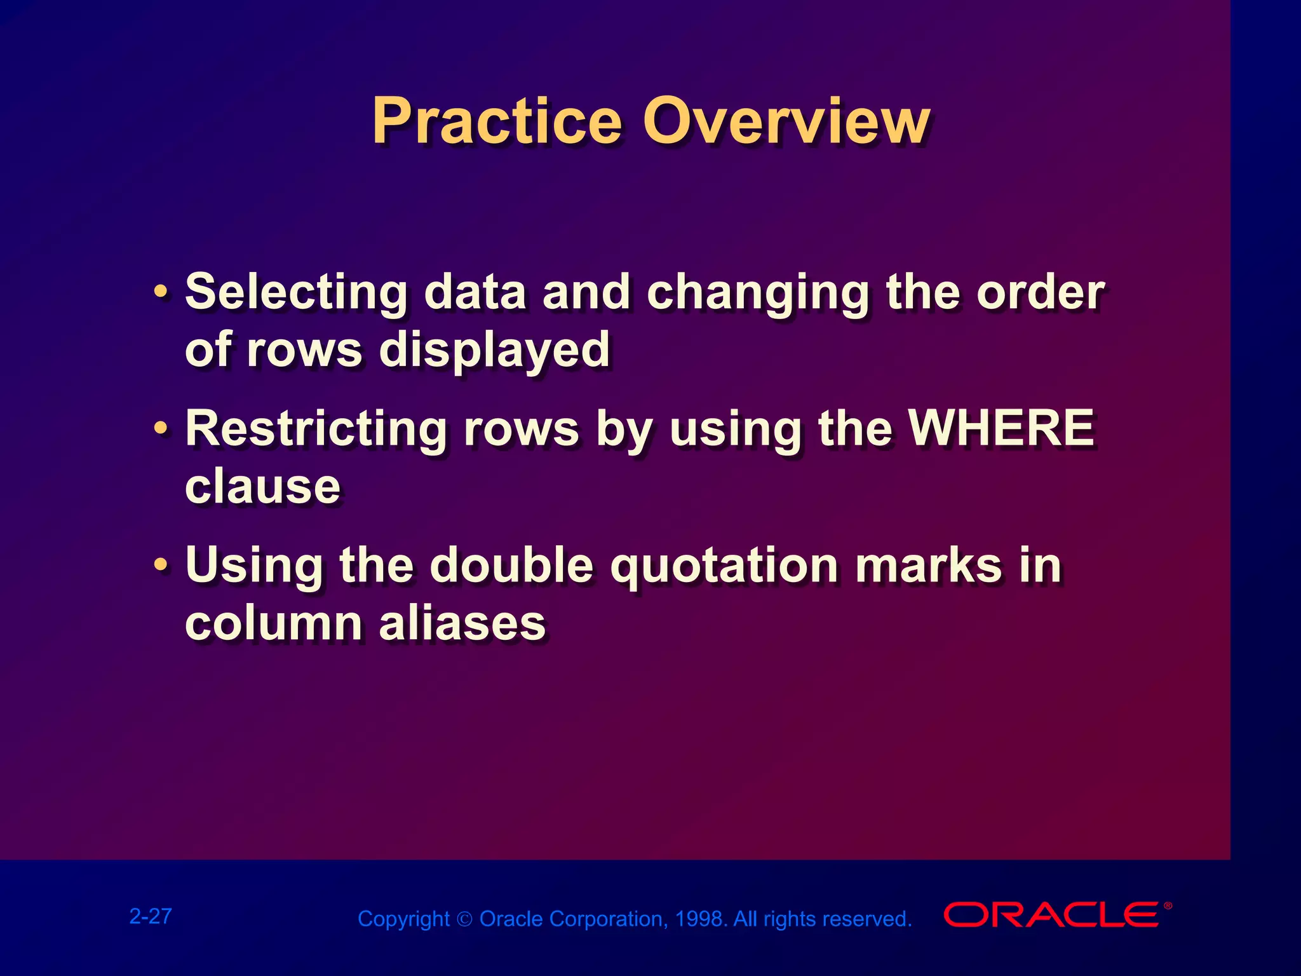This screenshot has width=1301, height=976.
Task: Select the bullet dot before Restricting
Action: click(161, 430)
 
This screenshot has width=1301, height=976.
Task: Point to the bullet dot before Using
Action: click(161, 565)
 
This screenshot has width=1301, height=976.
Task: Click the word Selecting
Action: click(296, 293)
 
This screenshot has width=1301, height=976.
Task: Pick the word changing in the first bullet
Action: click(757, 293)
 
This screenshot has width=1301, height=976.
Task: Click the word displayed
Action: click(494, 350)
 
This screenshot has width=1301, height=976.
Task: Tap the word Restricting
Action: click(316, 429)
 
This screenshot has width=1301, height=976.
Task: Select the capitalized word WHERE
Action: click(1001, 429)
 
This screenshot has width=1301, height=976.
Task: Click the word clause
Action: click(262, 487)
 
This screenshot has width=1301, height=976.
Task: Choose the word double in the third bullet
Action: click(511, 565)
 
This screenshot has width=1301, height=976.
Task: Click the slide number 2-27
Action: click(151, 916)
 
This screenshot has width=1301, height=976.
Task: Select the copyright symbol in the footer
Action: click(464, 919)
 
